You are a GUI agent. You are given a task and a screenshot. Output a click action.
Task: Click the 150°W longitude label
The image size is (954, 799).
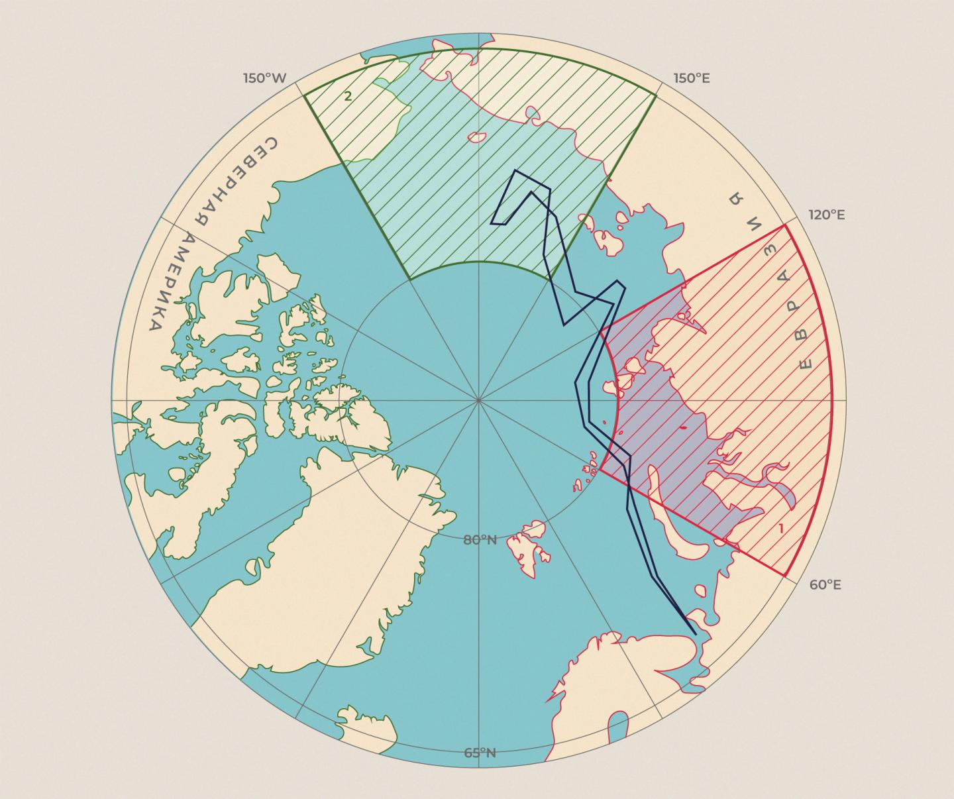(264, 78)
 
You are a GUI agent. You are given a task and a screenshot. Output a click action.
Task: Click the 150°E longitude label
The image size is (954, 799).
(692, 78)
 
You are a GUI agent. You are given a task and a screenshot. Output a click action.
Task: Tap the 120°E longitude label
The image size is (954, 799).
(826, 215)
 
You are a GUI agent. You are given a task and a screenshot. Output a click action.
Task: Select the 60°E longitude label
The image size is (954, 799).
(825, 585)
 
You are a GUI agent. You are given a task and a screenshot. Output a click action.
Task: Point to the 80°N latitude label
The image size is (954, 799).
(480, 540)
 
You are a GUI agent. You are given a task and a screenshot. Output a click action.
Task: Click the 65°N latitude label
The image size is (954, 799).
(480, 753)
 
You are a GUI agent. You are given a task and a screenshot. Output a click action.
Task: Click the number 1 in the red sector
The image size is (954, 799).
(781, 529)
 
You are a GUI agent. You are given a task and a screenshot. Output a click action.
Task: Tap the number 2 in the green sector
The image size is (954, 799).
(348, 96)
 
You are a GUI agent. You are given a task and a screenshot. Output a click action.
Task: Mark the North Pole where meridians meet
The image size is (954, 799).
(478, 400)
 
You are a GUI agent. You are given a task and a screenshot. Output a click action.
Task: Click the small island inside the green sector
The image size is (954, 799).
(475, 137)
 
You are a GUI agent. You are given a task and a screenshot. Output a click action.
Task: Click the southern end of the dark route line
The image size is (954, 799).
(696, 634)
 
